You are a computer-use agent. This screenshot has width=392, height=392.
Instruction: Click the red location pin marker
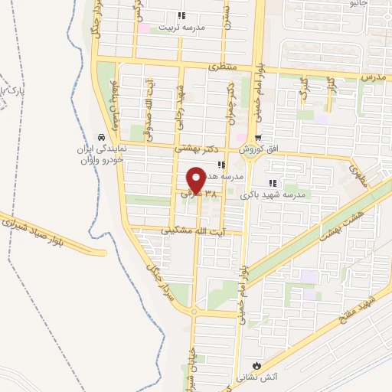tap(195, 179)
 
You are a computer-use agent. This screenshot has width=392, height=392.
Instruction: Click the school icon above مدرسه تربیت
tap(181, 15)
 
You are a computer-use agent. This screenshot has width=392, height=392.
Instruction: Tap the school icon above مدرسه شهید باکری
tap(272, 183)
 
